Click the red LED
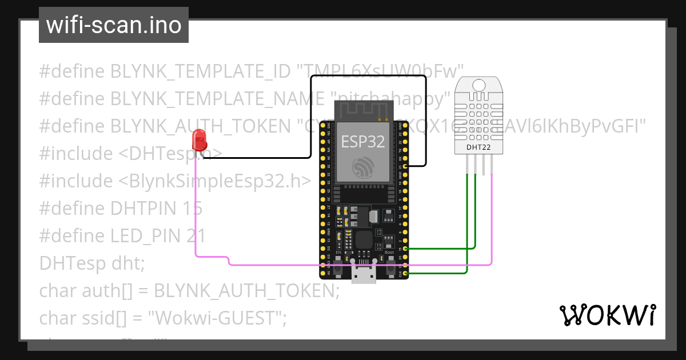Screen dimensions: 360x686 199,139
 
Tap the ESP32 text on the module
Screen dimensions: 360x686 363,142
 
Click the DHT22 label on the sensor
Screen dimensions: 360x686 479,147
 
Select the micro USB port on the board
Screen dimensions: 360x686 364,275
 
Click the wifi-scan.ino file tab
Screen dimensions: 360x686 114,25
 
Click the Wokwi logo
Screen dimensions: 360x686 607,315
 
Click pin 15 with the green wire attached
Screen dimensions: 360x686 405,249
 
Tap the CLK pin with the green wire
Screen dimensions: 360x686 405,274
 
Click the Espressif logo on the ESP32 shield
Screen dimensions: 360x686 363,166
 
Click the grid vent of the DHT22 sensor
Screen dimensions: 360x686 479,117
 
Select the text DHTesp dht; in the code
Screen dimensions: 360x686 92,263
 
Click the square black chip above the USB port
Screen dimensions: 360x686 364,240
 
